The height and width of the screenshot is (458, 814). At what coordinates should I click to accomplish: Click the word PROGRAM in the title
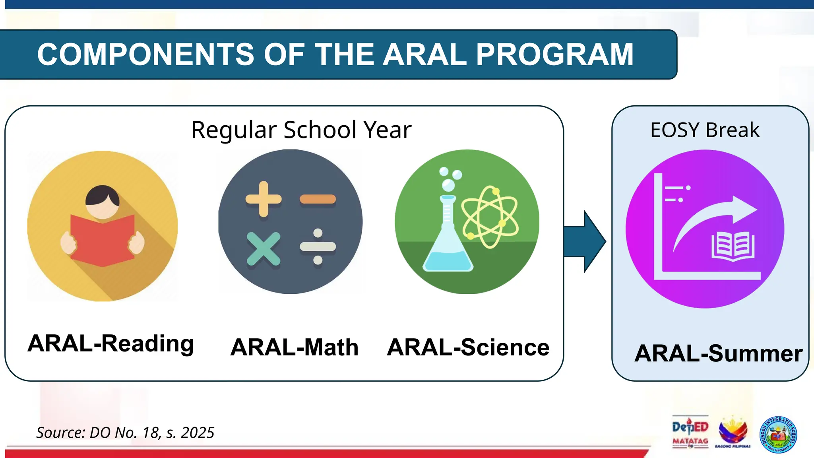tap(554, 54)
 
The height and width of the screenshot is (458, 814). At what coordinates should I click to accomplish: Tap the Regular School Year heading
tap(301, 130)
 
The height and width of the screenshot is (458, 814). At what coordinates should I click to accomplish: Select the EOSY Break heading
tap(704, 130)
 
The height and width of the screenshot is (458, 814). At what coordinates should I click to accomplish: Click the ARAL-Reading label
tap(110, 343)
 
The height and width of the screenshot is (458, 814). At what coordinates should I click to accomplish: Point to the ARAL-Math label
tap(294, 347)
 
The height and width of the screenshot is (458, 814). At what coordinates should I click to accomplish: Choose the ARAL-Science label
tap(468, 347)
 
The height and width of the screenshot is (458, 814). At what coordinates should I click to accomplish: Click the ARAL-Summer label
tap(718, 353)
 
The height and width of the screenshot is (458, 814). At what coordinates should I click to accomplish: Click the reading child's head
tap(102, 201)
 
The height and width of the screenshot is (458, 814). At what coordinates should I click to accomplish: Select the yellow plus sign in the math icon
tap(263, 199)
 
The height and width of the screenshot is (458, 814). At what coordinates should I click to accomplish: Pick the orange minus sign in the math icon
tap(318, 199)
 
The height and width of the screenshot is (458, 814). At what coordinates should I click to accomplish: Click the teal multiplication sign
tap(263, 249)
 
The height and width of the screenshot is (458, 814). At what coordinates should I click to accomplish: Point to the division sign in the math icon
tap(318, 246)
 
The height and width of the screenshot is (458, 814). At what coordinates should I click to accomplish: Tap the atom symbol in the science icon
tap(490, 217)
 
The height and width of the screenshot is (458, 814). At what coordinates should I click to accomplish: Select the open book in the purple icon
tap(733, 246)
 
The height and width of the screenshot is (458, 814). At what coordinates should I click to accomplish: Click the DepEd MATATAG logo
tap(690, 432)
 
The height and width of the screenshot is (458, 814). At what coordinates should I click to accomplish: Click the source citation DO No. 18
tap(125, 433)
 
